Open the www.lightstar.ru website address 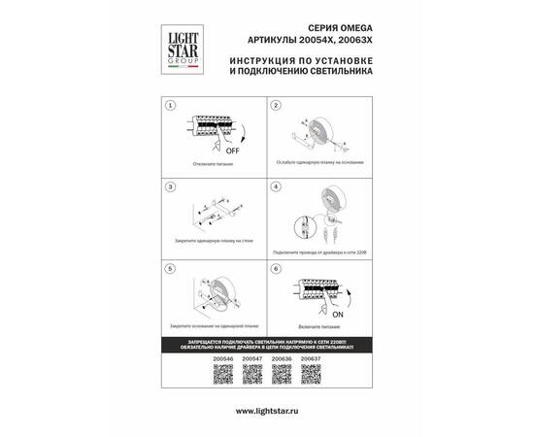267,412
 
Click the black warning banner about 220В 267,346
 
